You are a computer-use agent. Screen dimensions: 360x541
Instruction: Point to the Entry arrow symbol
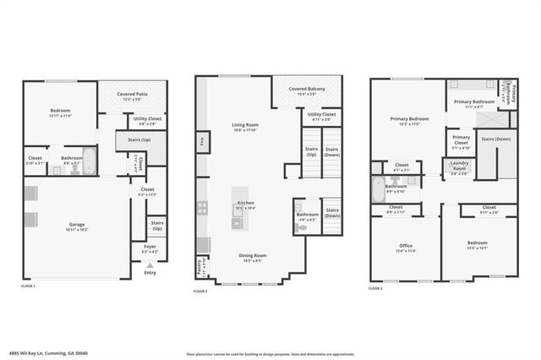(x=150, y=265)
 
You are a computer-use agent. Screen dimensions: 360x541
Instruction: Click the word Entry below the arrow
(x=150, y=272)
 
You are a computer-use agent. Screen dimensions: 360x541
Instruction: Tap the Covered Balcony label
(x=307, y=88)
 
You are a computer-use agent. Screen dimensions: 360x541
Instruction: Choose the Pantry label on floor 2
(x=199, y=265)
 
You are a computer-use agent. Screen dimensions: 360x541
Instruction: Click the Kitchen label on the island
(x=245, y=203)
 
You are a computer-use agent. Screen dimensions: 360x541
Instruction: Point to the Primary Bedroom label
(x=404, y=119)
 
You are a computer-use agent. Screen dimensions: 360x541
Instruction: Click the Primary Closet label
(x=461, y=138)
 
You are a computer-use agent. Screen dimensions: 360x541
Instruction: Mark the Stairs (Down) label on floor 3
(x=495, y=139)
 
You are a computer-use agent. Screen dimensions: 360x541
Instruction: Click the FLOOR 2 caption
(x=201, y=292)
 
